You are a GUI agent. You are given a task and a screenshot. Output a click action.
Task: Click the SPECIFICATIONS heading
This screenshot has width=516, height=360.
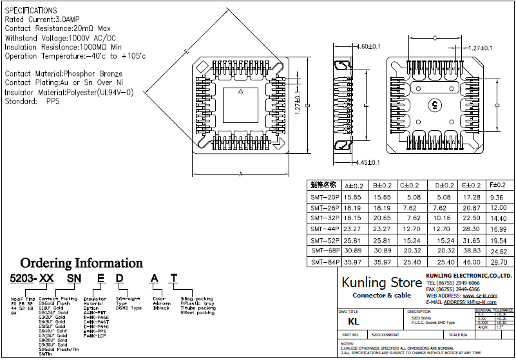pyautogui.click(x=31, y=11)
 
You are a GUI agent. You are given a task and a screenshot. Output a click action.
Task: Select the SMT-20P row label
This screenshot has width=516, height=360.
pyautogui.click(x=324, y=197)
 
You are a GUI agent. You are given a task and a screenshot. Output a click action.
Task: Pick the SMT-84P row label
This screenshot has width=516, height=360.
pyautogui.click(x=324, y=262)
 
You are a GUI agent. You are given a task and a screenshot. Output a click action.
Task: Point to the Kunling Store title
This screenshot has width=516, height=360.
pyautogui.click(x=381, y=282)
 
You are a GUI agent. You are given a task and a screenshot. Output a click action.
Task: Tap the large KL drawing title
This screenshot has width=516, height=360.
pyautogui.click(x=353, y=320)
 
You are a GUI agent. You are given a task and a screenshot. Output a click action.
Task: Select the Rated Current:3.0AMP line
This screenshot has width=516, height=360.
pyautogui.click(x=46, y=20)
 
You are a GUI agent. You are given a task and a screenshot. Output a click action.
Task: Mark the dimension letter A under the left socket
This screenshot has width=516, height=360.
pyautogui.click(x=240, y=174)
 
